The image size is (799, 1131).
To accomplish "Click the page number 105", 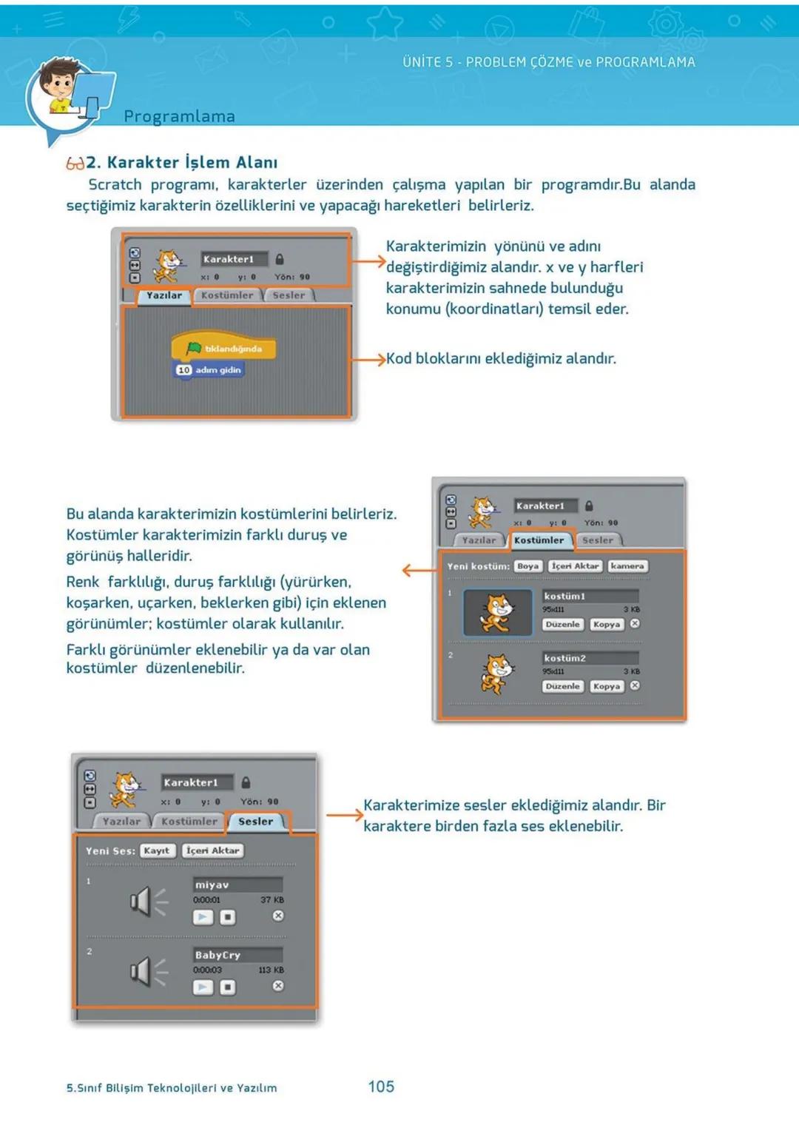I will click(381, 1086).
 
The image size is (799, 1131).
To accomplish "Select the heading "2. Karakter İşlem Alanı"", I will click(181, 162).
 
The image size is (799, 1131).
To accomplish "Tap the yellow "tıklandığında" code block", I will click(223, 348).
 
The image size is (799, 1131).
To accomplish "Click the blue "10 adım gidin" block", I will click(209, 369).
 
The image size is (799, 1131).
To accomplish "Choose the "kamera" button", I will click(627, 565).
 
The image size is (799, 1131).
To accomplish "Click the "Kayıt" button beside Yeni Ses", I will click(157, 850).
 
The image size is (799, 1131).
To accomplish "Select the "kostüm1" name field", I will click(590, 596).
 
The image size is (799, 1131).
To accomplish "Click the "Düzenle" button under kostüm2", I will click(562, 686).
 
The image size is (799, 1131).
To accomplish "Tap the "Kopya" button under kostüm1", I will click(606, 624).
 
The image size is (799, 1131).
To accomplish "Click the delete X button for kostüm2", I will click(635, 685).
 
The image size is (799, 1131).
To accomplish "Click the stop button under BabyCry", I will click(228, 987).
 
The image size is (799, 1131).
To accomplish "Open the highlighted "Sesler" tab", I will click(256, 821).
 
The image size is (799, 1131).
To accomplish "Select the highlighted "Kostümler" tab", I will click(539, 540).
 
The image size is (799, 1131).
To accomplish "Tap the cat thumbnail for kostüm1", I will click(497, 613).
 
